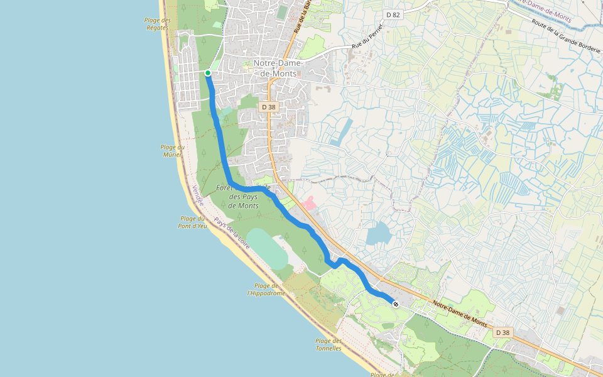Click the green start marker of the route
click(208, 73)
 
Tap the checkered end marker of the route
click(396, 304)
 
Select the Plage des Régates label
click(158, 24)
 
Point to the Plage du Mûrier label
click(173, 151)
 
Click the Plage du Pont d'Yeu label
click(192, 222)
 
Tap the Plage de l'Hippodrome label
click(266, 289)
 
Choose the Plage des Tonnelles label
click(329, 344)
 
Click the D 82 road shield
click(393, 14)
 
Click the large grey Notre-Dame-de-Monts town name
click(278, 68)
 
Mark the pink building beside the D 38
click(308, 203)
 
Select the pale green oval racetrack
click(267, 249)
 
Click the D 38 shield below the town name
click(268, 107)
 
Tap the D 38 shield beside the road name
click(503, 332)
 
